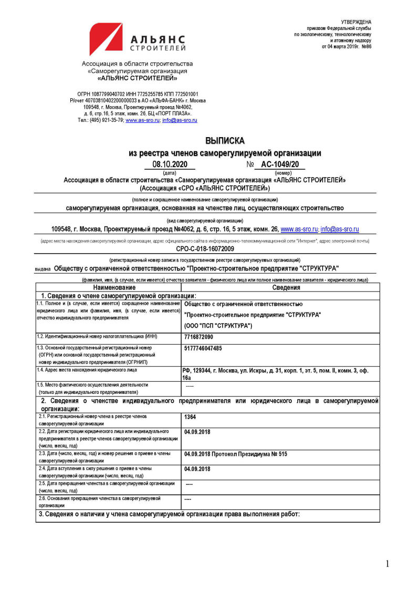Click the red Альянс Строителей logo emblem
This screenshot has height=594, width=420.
(106, 39)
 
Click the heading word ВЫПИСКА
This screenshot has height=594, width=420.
(225, 141)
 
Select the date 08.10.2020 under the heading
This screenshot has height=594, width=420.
(170, 164)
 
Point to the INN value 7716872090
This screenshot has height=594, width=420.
(199, 337)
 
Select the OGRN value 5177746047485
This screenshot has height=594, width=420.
(203, 348)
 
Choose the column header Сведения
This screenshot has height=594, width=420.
(286, 287)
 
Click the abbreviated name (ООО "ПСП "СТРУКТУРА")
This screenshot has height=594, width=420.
(218, 326)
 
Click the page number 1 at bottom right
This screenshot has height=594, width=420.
(387, 564)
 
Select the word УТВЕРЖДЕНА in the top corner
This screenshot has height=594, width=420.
(356, 21)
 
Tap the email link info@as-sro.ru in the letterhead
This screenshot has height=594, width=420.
(180, 120)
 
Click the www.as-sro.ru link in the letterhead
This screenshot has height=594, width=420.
(142, 120)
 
